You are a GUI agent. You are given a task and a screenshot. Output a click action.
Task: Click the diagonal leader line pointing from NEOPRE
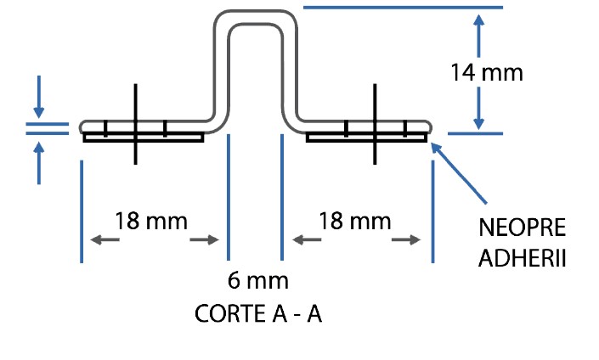(x=459, y=173)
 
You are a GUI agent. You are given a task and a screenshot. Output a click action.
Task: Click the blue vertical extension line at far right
(x=432, y=212)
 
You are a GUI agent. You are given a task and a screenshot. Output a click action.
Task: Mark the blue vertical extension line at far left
(x=82, y=212)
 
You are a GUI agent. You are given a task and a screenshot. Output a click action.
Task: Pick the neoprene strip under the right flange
(x=365, y=138)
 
